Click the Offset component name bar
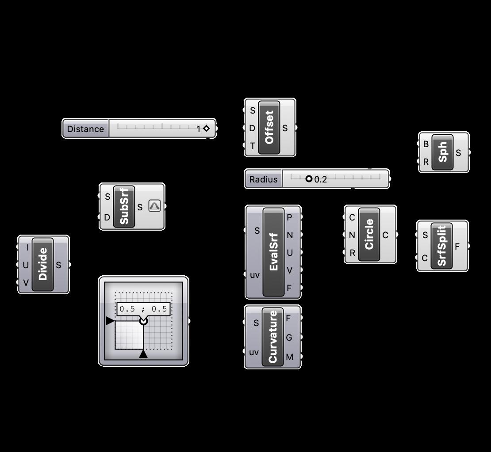269,127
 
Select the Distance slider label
86,129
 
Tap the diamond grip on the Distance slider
206,129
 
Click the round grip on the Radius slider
309,179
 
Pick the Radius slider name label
263,179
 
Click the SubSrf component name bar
124,206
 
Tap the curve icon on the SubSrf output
154,206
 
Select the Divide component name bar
43,264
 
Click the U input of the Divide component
26,265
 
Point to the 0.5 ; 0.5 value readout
143,309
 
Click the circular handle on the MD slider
143,321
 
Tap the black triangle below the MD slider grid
143,354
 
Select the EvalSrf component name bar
273,252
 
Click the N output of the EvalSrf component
290,235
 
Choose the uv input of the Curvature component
253,352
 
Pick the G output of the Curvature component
289,338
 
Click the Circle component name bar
369,235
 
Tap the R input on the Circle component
352,253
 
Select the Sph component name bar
442,152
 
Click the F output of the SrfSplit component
458,247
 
